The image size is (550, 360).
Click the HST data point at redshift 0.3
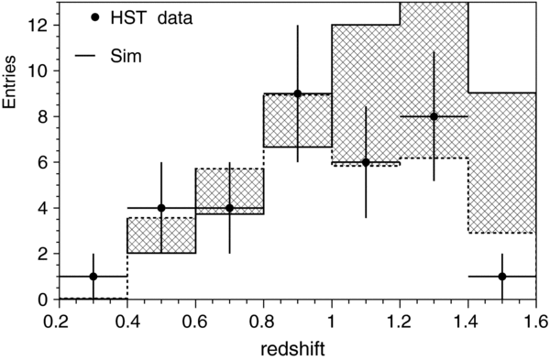pos(93,277)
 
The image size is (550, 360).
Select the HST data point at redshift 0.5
pos(161,208)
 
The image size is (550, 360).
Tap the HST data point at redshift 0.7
pos(229,208)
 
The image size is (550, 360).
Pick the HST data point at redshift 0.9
pos(298,93)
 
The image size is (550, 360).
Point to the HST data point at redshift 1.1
pos(366,162)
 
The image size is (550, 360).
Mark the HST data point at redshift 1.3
pos(434,116)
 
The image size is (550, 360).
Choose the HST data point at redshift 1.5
pos(502,277)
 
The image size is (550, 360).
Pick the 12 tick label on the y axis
pos(39,25)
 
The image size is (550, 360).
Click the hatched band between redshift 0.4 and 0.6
pos(161,235)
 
